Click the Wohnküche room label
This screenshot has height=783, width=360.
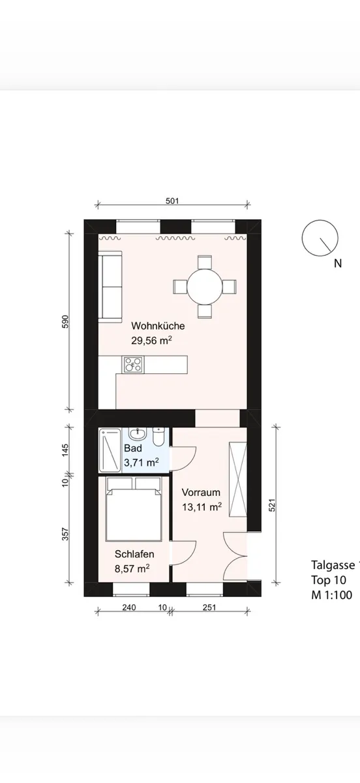[x=158, y=326]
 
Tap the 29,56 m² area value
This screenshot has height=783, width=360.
[x=152, y=341]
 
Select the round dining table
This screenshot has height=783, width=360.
[x=205, y=287]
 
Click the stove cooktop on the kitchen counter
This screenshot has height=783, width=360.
[x=133, y=365]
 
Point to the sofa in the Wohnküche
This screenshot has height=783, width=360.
[x=110, y=287]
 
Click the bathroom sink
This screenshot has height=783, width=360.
[x=138, y=434]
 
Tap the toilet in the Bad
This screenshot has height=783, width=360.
[x=159, y=437]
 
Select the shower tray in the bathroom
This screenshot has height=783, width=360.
[x=110, y=450]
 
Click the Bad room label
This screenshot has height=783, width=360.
[x=133, y=448]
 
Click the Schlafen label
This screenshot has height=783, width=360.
[x=134, y=554]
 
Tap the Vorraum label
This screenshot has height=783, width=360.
[x=201, y=493]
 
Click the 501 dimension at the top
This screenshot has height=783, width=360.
[x=172, y=201]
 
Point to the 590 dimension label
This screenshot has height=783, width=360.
[x=65, y=322]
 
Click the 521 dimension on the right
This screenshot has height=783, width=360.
[x=272, y=505]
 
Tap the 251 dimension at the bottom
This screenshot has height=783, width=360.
[x=209, y=607]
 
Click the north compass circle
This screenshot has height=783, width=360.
[x=320, y=238]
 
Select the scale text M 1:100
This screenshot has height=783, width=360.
[x=332, y=594]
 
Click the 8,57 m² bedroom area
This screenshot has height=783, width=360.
[x=132, y=569]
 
